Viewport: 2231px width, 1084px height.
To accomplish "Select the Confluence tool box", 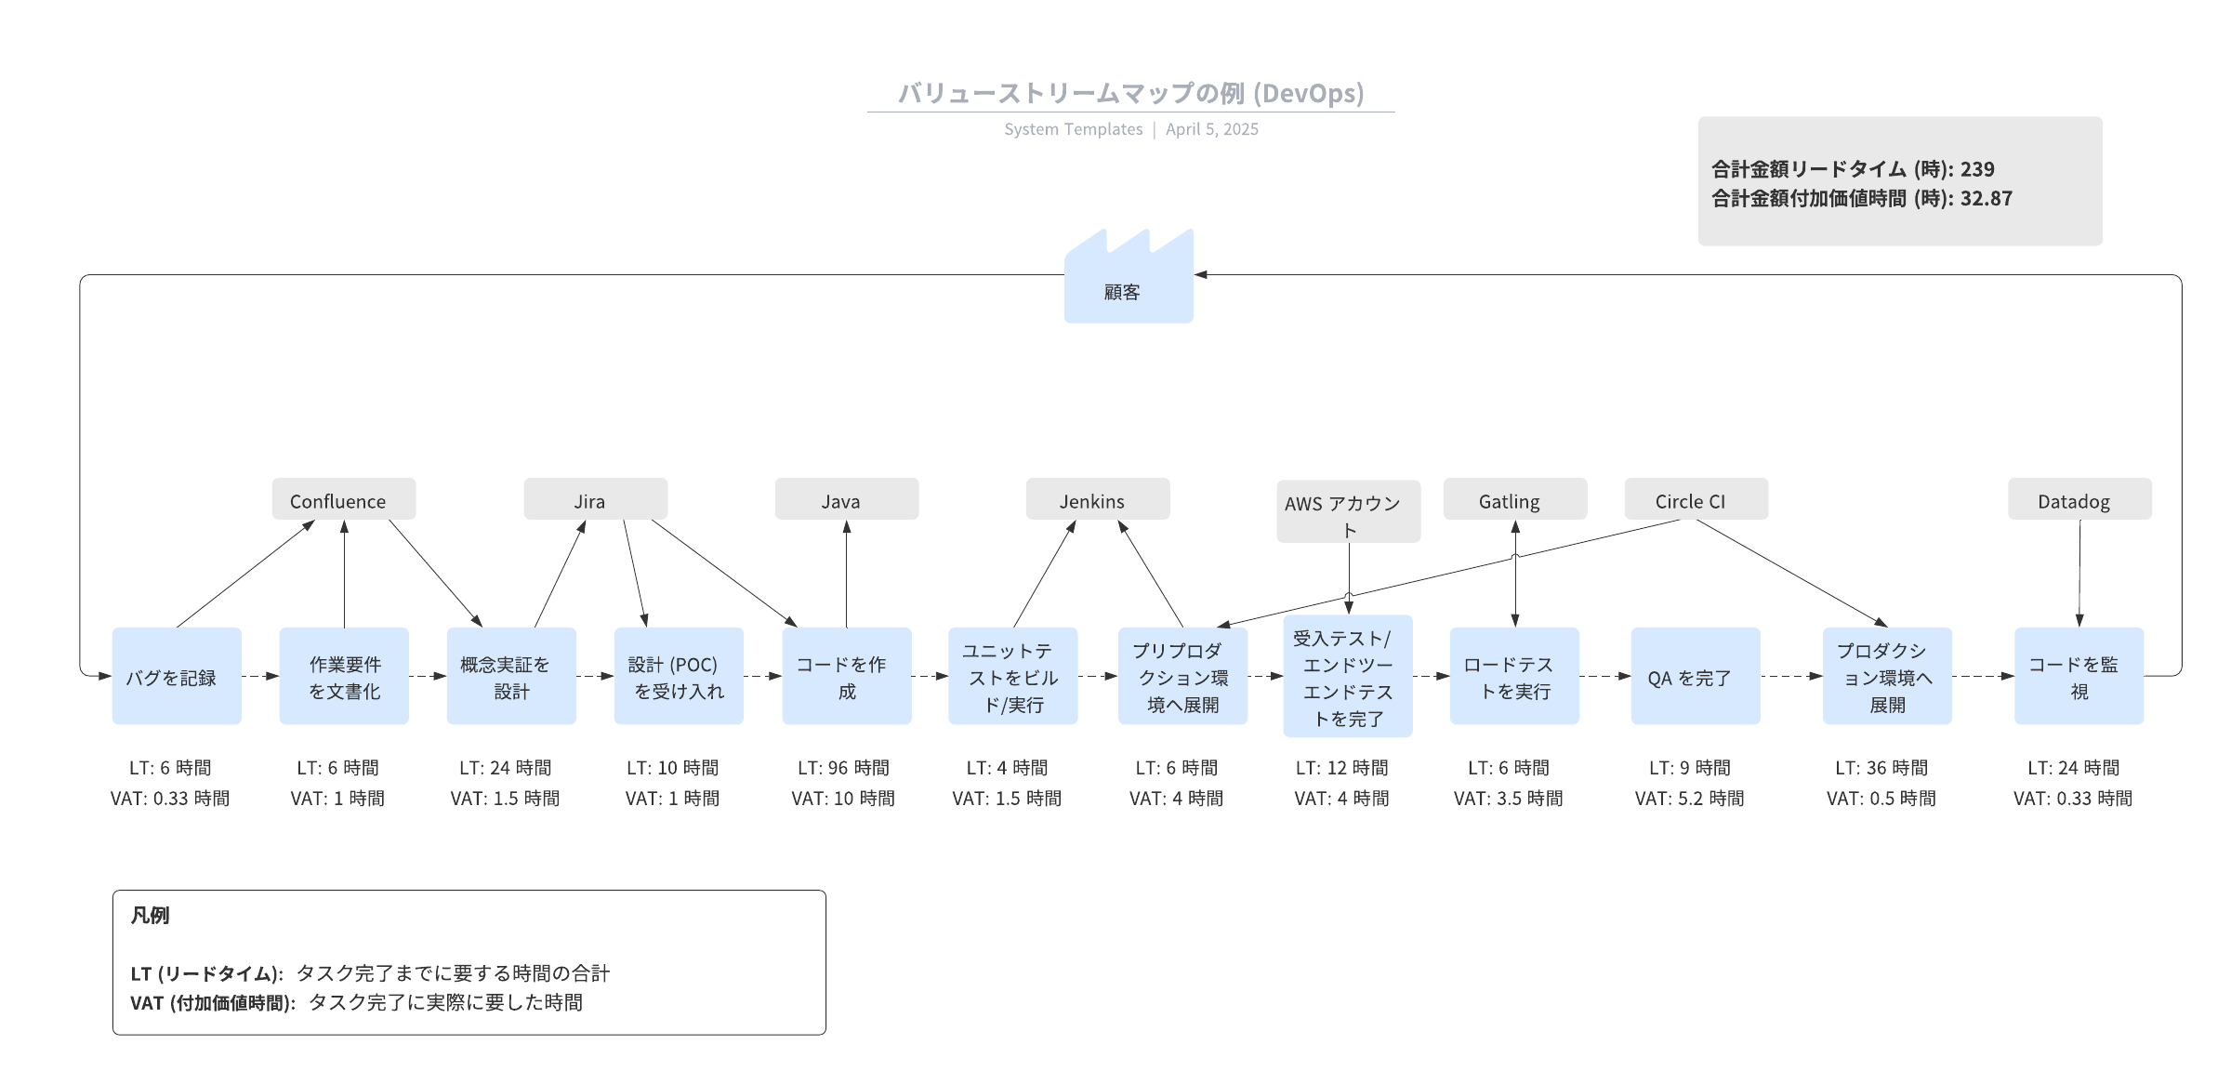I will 343,500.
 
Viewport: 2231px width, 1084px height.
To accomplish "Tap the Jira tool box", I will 595,500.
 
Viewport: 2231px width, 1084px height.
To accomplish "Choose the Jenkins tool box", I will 1097,500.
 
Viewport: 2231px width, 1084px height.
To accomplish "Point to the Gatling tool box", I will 1514,500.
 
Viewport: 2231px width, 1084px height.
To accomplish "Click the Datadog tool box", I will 2079,500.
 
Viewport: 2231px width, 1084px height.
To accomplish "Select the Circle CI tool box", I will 1696,500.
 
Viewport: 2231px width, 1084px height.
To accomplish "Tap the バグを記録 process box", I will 177,676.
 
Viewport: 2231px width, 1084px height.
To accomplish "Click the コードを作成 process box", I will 846,676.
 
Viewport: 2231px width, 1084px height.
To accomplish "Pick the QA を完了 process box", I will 1695,676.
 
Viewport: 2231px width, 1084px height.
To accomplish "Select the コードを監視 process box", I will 2079,676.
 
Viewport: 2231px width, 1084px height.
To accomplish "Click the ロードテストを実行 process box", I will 1514,676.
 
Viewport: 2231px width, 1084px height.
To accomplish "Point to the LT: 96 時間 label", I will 843,768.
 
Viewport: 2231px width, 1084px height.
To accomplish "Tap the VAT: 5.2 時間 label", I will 1689,799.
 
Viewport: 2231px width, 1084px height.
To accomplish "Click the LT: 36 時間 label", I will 1881,768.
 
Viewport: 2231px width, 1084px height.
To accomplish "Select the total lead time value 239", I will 1977,169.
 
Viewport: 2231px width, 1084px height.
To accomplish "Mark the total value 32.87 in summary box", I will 1987,198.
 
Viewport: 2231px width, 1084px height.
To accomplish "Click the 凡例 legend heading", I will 150,916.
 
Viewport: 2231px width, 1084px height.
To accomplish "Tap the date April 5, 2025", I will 1212,129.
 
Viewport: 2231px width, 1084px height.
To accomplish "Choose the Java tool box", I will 846,500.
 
